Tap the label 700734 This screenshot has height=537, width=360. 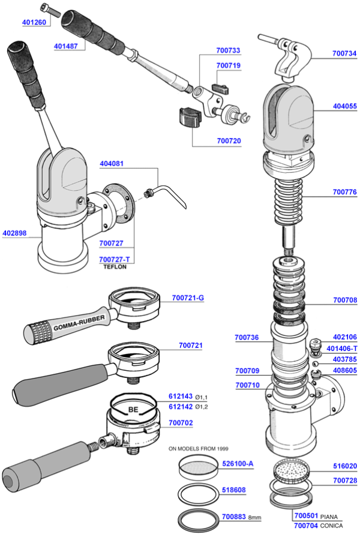tap(344, 53)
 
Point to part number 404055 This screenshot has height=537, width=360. tap(344, 109)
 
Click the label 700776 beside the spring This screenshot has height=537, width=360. tap(344, 193)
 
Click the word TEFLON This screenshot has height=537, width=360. tap(115, 267)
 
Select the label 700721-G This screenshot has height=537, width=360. tap(188, 298)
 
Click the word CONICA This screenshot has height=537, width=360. tap(332, 526)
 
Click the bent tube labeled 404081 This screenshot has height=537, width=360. tap(171, 193)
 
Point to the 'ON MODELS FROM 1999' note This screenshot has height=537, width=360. tap(198, 448)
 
